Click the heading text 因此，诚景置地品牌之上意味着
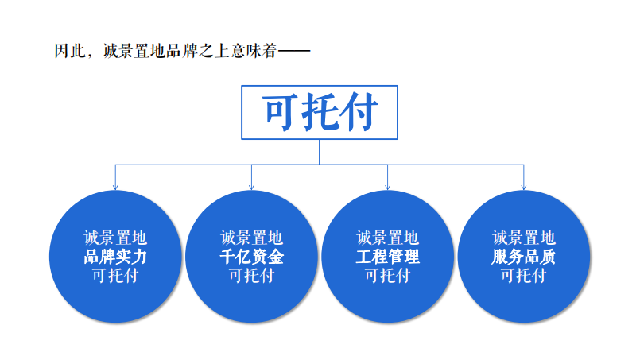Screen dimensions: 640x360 [165, 51]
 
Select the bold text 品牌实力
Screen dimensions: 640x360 [115, 257]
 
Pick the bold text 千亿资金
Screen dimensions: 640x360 [251, 257]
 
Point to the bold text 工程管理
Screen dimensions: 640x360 [387, 257]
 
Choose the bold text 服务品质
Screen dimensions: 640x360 [523, 257]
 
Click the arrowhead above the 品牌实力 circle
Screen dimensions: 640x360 [115, 187]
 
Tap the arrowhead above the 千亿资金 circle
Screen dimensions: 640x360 [251, 187]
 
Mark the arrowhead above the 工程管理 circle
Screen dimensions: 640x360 [387, 187]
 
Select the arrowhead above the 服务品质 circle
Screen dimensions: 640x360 [524, 187]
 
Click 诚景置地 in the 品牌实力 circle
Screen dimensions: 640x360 [115, 238]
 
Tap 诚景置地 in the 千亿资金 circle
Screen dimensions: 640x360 [251, 238]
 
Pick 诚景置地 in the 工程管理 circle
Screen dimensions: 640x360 [387, 238]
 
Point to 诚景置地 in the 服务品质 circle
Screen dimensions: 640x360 [524, 238]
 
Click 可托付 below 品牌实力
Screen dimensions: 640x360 [115, 276]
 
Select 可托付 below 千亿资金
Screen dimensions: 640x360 [251, 276]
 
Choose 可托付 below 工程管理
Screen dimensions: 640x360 [387, 276]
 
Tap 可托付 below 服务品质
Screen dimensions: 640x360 [524, 276]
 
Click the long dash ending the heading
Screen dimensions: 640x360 [294, 51]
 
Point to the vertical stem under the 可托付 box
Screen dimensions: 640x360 [320, 152]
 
